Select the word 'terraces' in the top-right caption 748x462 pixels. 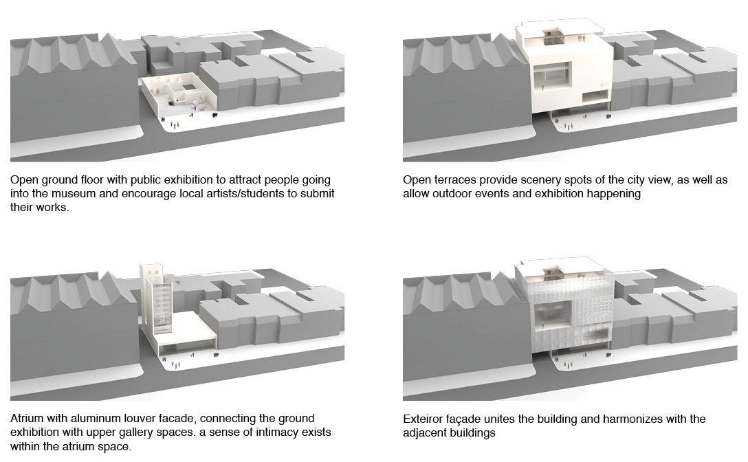click(454, 180)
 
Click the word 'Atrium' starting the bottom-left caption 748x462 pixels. click(27, 419)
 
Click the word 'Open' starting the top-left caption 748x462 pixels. click(23, 179)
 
